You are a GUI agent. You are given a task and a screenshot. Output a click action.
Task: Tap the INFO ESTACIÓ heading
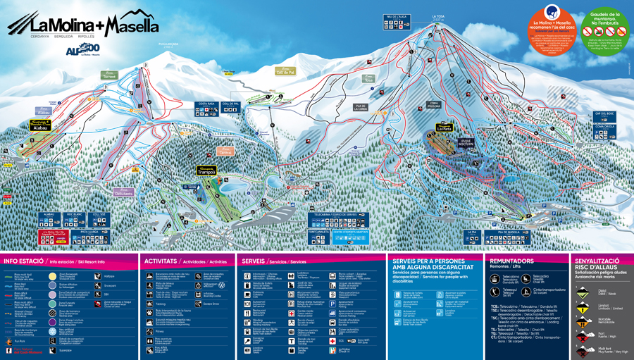pos(21,261)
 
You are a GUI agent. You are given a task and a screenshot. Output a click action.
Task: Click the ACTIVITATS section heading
pos(162,261)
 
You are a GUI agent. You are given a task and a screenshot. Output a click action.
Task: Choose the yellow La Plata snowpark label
pos(443,128)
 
